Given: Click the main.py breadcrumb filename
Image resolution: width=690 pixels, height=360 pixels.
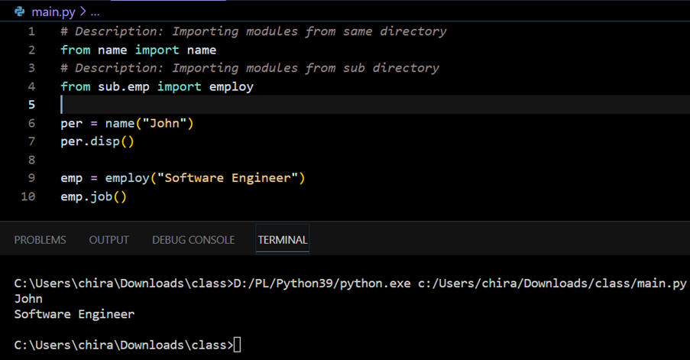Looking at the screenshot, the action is click(x=53, y=12).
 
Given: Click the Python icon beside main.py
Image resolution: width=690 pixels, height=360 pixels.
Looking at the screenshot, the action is click(x=20, y=11).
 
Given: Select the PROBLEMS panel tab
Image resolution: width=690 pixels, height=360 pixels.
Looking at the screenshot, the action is click(x=40, y=240).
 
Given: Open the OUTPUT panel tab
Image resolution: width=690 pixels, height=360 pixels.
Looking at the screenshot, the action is click(x=109, y=240).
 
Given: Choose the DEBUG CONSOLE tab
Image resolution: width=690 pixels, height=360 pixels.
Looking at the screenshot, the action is click(x=193, y=240).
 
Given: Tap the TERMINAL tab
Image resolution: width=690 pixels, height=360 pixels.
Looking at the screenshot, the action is click(x=283, y=240).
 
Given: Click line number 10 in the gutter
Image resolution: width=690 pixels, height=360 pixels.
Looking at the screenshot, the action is click(x=28, y=196).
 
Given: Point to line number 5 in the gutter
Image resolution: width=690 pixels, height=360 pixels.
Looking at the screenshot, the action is click(x=31, y=105).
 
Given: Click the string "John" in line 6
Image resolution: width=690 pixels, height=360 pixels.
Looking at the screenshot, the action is click(x=164, y=123).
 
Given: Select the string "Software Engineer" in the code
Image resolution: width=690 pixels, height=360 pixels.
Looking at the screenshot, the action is click(x=228, y=178).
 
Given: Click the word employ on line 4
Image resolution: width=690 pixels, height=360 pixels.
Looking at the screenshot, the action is click(x=232, y=86).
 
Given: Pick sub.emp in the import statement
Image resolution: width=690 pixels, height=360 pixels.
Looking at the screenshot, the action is click(x=124, y=86).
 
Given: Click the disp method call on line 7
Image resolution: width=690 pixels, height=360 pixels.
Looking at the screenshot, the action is click(x=105, y=141).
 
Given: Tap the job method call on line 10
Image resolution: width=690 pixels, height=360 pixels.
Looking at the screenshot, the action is click(x=101, y=196).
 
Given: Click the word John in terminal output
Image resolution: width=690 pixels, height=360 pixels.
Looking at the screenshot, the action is click(x=28, y=299).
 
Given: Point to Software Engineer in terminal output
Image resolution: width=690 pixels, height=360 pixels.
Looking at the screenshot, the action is click(x=74, y=314).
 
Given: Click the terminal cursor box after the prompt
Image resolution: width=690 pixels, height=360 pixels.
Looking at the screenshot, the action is click(x=237, y=345).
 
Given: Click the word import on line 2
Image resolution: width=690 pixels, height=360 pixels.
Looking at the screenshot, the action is click(x=157, y=50).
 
